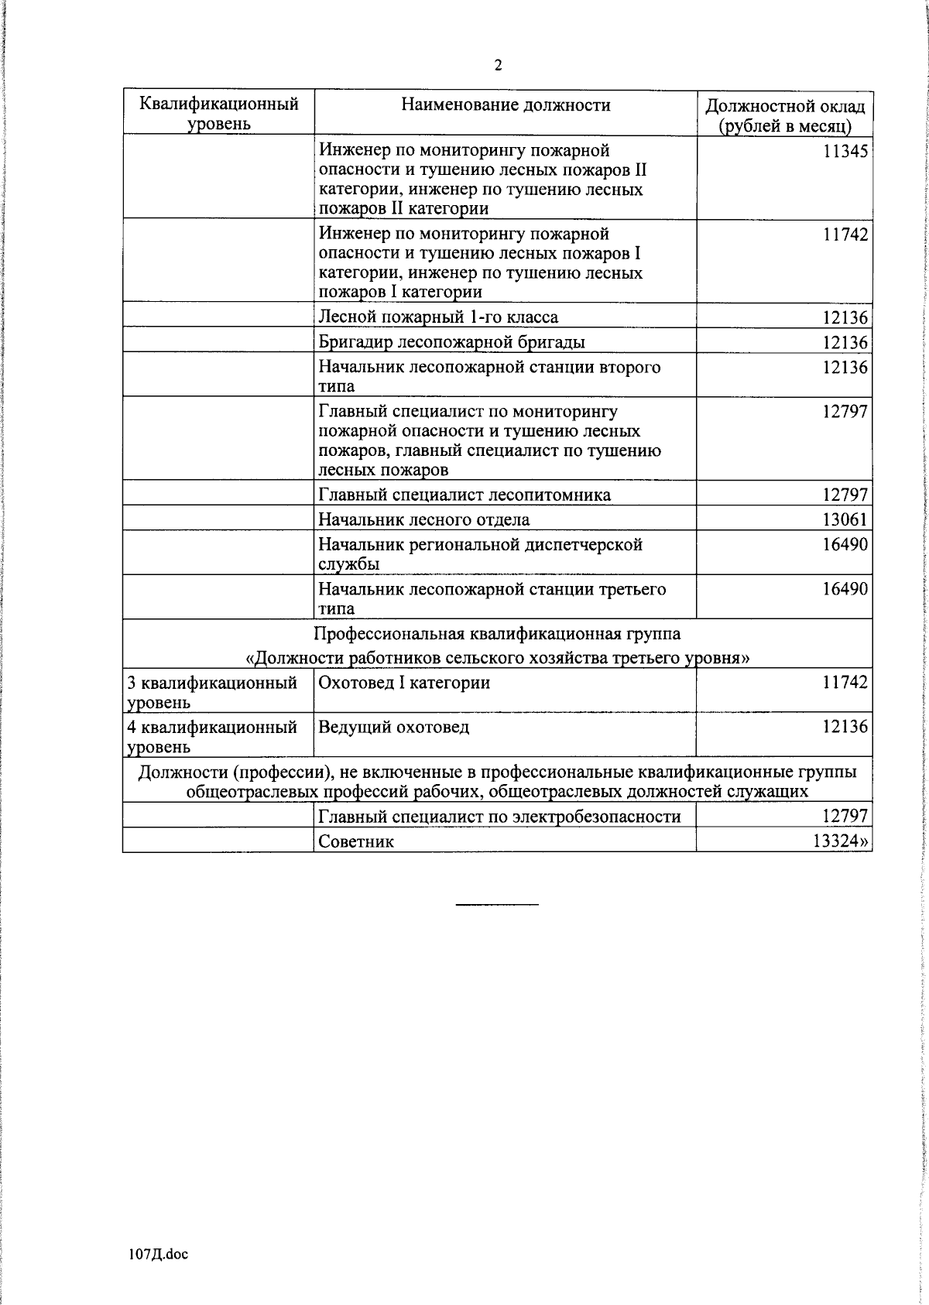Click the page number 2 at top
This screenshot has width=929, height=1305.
point(498,66)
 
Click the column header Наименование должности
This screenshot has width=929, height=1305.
point(506,105)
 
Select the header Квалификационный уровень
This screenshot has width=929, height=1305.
point(219,114)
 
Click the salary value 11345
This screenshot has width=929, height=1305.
point(845,152)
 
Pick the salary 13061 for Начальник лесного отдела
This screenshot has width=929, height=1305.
point(845,519)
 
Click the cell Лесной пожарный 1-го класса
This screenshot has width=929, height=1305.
point(438,317)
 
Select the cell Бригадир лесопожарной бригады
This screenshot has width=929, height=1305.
point(452,342)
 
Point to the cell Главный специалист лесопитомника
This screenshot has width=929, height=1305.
point(464,495)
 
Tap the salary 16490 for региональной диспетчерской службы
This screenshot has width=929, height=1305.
point(845,545)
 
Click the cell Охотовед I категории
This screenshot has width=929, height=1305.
point(404,683)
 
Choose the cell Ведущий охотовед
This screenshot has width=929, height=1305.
point(394,727)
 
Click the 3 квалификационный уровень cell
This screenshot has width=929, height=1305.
point(212,692)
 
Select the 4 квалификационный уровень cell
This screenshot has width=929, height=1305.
point(212,736)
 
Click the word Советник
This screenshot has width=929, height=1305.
point(356,841)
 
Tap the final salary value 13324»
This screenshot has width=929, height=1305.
point(840,841)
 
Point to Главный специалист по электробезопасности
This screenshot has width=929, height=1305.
point(499,816)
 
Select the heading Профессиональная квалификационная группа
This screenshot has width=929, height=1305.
point(497,634)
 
